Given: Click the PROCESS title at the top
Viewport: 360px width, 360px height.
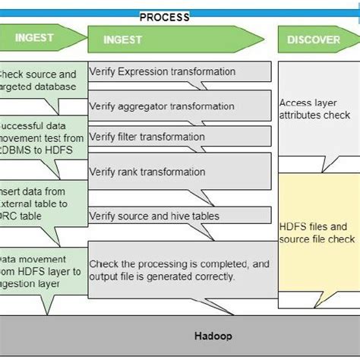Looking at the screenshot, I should [x=164, y=17].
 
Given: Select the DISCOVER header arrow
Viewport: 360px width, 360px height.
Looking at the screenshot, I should [x=314, y=39].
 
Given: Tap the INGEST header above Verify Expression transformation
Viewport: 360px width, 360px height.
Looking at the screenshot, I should [x=122, y=39].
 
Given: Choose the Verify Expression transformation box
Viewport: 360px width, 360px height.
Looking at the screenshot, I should [x=178, y=72].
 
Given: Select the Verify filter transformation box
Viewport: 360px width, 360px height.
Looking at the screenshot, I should [x=178, y=137].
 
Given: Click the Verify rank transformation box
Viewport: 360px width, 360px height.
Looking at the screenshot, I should [x=178, y=172].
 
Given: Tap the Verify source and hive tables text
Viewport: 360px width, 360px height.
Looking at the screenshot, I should [x=154, y=216].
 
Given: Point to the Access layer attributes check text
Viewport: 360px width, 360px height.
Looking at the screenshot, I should [x=314, y=109].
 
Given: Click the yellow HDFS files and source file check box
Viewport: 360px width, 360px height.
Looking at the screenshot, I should [x=317, y=228].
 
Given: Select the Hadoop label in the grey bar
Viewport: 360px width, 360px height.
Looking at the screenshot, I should [x=213, y=336].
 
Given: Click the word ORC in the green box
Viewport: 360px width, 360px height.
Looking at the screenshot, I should [x=11, y=216].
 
